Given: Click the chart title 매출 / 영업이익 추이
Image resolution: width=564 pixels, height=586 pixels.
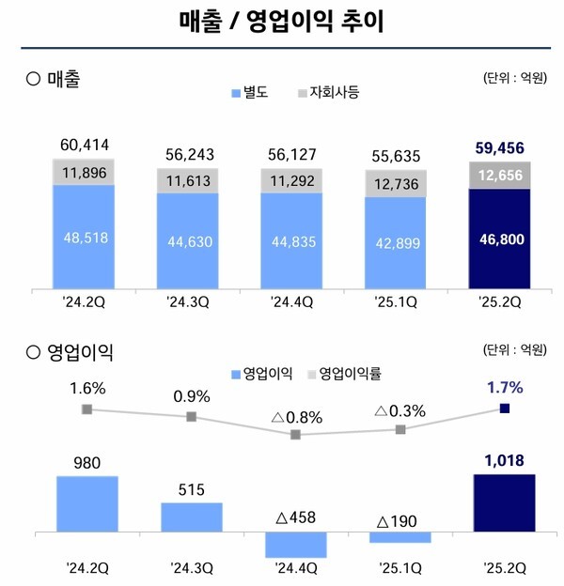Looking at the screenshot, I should (x=281, y=21).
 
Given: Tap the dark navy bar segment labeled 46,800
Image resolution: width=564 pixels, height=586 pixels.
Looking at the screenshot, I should (x=500, y=239).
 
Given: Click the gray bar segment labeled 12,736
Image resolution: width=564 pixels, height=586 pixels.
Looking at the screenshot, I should (x=396, y=183).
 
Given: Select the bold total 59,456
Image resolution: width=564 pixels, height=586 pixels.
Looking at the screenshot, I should (x=500, y=146).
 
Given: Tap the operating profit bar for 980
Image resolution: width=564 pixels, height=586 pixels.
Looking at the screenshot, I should (x=86, y=504).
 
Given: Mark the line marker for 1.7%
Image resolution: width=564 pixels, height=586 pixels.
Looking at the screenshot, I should (x=505, y=408).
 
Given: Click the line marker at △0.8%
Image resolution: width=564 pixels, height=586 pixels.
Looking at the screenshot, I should (x=296, y=435).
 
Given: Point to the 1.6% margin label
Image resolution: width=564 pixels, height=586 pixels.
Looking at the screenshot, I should (x=86, y=387).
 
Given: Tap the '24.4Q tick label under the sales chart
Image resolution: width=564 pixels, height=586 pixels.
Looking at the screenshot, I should (x=292, y=303).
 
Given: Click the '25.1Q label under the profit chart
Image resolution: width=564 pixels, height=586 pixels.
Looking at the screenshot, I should (x=399, y=567).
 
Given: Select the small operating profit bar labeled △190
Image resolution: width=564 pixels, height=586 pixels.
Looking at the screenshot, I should (x=399, y=537).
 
